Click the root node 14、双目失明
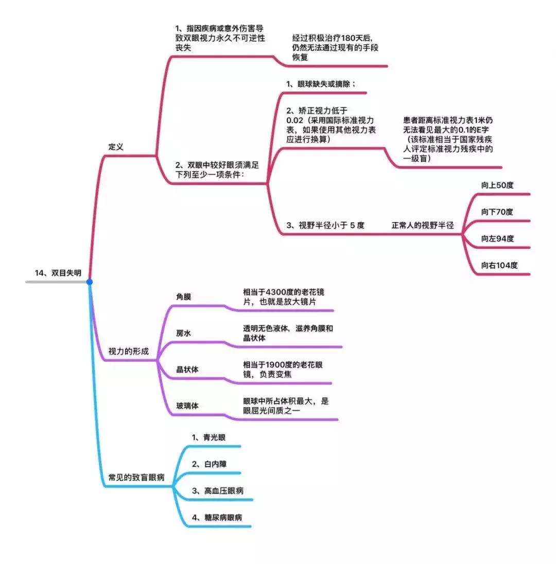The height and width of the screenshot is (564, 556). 58,274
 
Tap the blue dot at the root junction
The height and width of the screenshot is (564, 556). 90,282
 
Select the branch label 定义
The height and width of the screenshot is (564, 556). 116,147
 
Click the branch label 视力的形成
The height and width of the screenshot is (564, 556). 129,352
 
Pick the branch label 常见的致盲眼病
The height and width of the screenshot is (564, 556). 136,477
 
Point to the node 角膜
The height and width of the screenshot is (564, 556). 184,297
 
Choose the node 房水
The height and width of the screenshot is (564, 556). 184,333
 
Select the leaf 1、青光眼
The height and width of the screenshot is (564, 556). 208,438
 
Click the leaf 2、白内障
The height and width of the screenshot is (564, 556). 208,464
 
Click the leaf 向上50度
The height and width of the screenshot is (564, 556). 497,185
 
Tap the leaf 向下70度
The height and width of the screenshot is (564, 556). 497,212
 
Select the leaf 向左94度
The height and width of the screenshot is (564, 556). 497,239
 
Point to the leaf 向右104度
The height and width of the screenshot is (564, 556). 499,265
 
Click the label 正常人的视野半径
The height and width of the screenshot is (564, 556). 423,225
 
